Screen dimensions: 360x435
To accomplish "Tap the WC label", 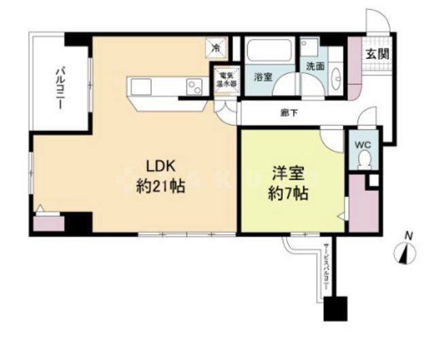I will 361,144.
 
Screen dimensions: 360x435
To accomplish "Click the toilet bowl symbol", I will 364,161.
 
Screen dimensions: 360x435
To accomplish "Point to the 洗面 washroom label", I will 315,67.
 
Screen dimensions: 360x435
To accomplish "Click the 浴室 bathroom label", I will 263,77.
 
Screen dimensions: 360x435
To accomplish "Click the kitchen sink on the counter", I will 142,86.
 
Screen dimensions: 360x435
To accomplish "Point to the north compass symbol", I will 406,252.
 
